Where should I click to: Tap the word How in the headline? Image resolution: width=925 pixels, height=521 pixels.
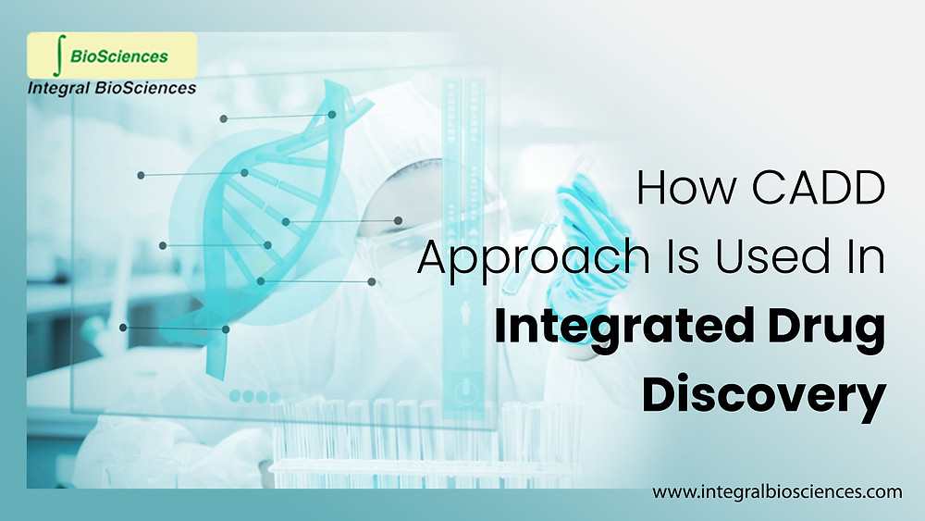[x=681, y=191]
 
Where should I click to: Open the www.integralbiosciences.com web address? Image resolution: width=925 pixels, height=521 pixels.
[x=777, y=492]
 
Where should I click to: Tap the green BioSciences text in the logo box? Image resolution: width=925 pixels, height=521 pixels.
[x=119, y=56]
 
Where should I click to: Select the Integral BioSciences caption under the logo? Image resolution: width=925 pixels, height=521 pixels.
[x=112, y=89]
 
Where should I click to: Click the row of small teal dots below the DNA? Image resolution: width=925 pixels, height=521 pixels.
[x=248, y=396]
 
